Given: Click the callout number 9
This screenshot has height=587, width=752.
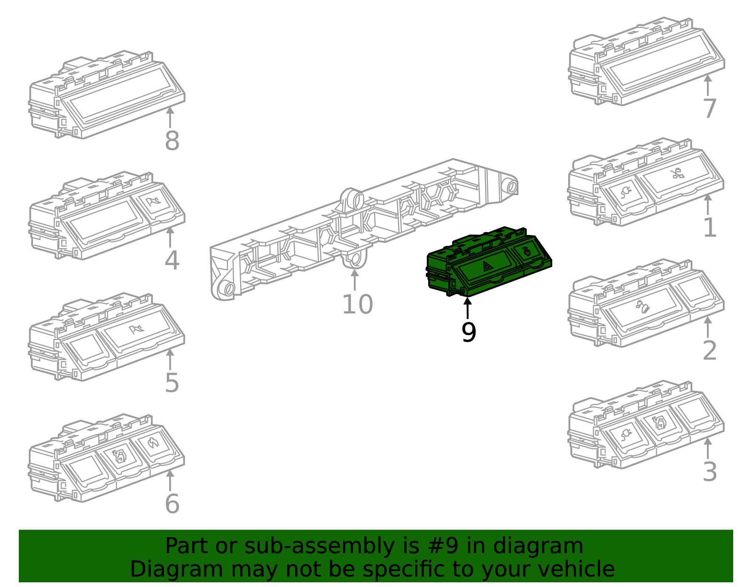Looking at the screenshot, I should pos(469,332).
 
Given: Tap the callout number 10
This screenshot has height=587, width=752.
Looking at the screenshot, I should pos(357,305).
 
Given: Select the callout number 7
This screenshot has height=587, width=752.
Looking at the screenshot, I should pos(709,109).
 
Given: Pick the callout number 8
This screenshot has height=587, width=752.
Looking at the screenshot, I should pos(172,141).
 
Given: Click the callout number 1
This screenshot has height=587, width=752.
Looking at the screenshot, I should pos(709,228).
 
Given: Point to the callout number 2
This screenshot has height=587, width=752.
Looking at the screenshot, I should pos(709,351).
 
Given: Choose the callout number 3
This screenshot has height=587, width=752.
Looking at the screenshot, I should pos(709,472).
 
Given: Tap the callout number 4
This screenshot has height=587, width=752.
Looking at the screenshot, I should pos(172,260).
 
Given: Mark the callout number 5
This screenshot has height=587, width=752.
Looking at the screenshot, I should pos(172,383).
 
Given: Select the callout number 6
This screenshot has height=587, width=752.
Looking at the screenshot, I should pos(172,504).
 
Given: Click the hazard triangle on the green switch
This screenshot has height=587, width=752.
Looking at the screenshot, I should pos(488,267).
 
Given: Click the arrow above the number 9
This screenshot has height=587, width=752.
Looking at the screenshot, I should pos(467,308).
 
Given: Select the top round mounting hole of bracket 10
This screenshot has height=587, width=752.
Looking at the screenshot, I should pos(356,199).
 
